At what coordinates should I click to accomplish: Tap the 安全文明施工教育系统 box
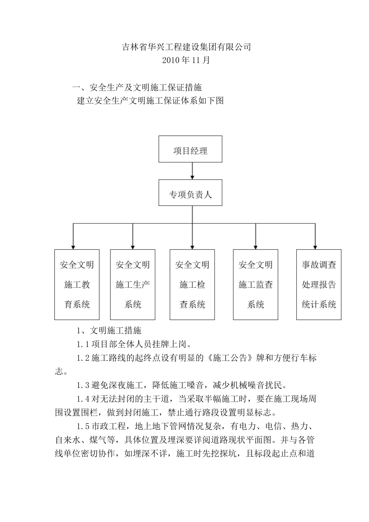[77, 285]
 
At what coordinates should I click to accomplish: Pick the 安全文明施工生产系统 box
[133, 285]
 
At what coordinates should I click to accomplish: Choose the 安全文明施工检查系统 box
[192, 285]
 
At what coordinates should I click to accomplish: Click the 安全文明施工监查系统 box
[256, 285]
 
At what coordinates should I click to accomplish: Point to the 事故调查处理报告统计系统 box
[319, 285]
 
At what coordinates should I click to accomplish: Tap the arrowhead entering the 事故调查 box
[315, 246]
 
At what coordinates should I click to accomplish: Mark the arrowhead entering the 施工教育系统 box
[73, 246]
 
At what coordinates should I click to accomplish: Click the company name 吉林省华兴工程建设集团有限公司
[186, 47]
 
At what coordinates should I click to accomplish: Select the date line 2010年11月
[186, 60]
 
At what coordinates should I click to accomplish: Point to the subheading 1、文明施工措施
[109, 331]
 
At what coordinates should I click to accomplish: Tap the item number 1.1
[83, 344]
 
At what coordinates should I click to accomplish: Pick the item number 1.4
[83, 399]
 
